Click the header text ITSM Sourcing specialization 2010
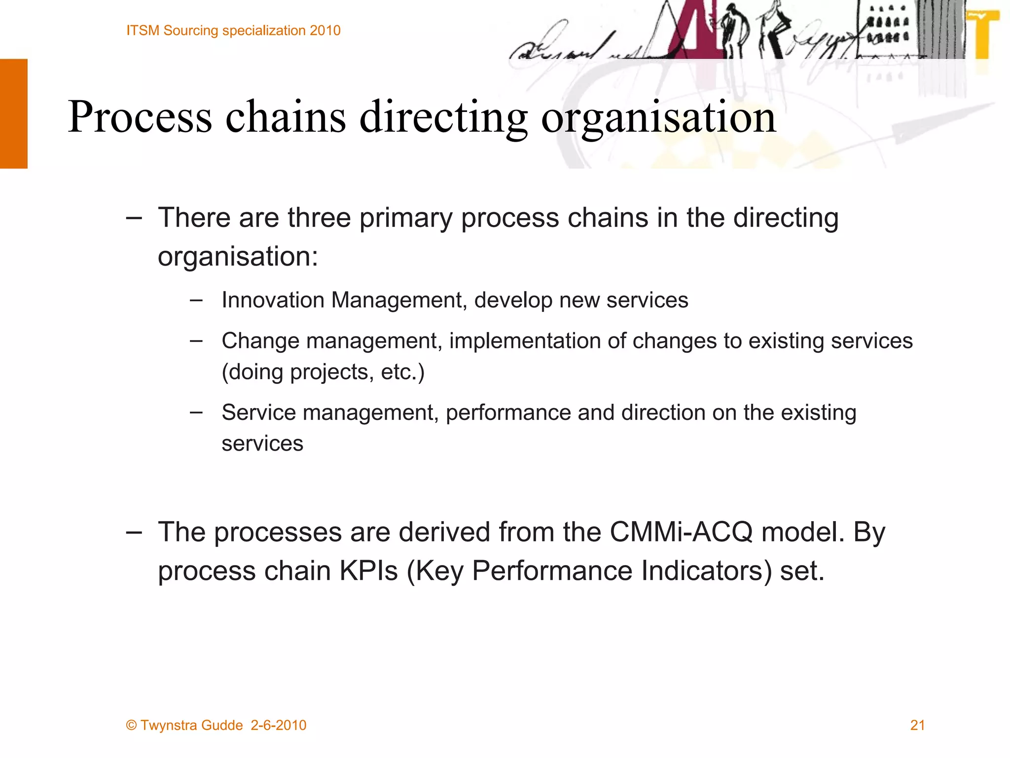pos(233,31)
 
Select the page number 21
pos(917,725)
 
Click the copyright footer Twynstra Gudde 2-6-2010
pos(216,725)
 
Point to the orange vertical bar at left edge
pos(14,114)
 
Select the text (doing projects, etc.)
pos(323,372)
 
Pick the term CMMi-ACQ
pos(681,532)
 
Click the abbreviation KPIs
pos(368,571)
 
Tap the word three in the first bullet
pos(319,218)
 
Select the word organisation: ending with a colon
pos(238,257)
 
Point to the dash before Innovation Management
pos(196,300)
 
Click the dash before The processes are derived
pos(134,532)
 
